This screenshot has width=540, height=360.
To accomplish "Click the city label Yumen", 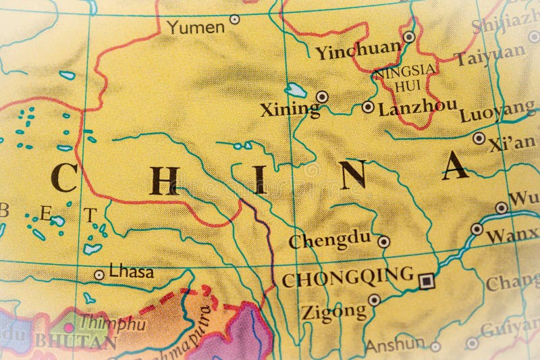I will tap(195, 27).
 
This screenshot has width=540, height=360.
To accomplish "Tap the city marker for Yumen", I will tap(234, 20).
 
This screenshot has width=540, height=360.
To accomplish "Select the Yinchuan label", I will tap(358, 51).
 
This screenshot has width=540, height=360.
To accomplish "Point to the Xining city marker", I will tap(323, 97).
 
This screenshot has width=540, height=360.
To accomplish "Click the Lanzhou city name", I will tap(418, 108).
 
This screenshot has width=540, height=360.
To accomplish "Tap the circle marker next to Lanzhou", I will tap(368, 107).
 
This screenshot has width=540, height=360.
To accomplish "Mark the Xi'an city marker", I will tap(479, 138).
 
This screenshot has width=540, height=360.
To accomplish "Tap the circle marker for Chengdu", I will tap(383, 240).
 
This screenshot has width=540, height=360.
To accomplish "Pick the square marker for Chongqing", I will tap(426, 280).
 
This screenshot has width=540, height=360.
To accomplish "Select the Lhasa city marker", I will tap(99, 275).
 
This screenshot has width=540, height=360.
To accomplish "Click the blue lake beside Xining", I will tap(296, 89).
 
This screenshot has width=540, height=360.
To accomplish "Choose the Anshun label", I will tap(396, 344).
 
